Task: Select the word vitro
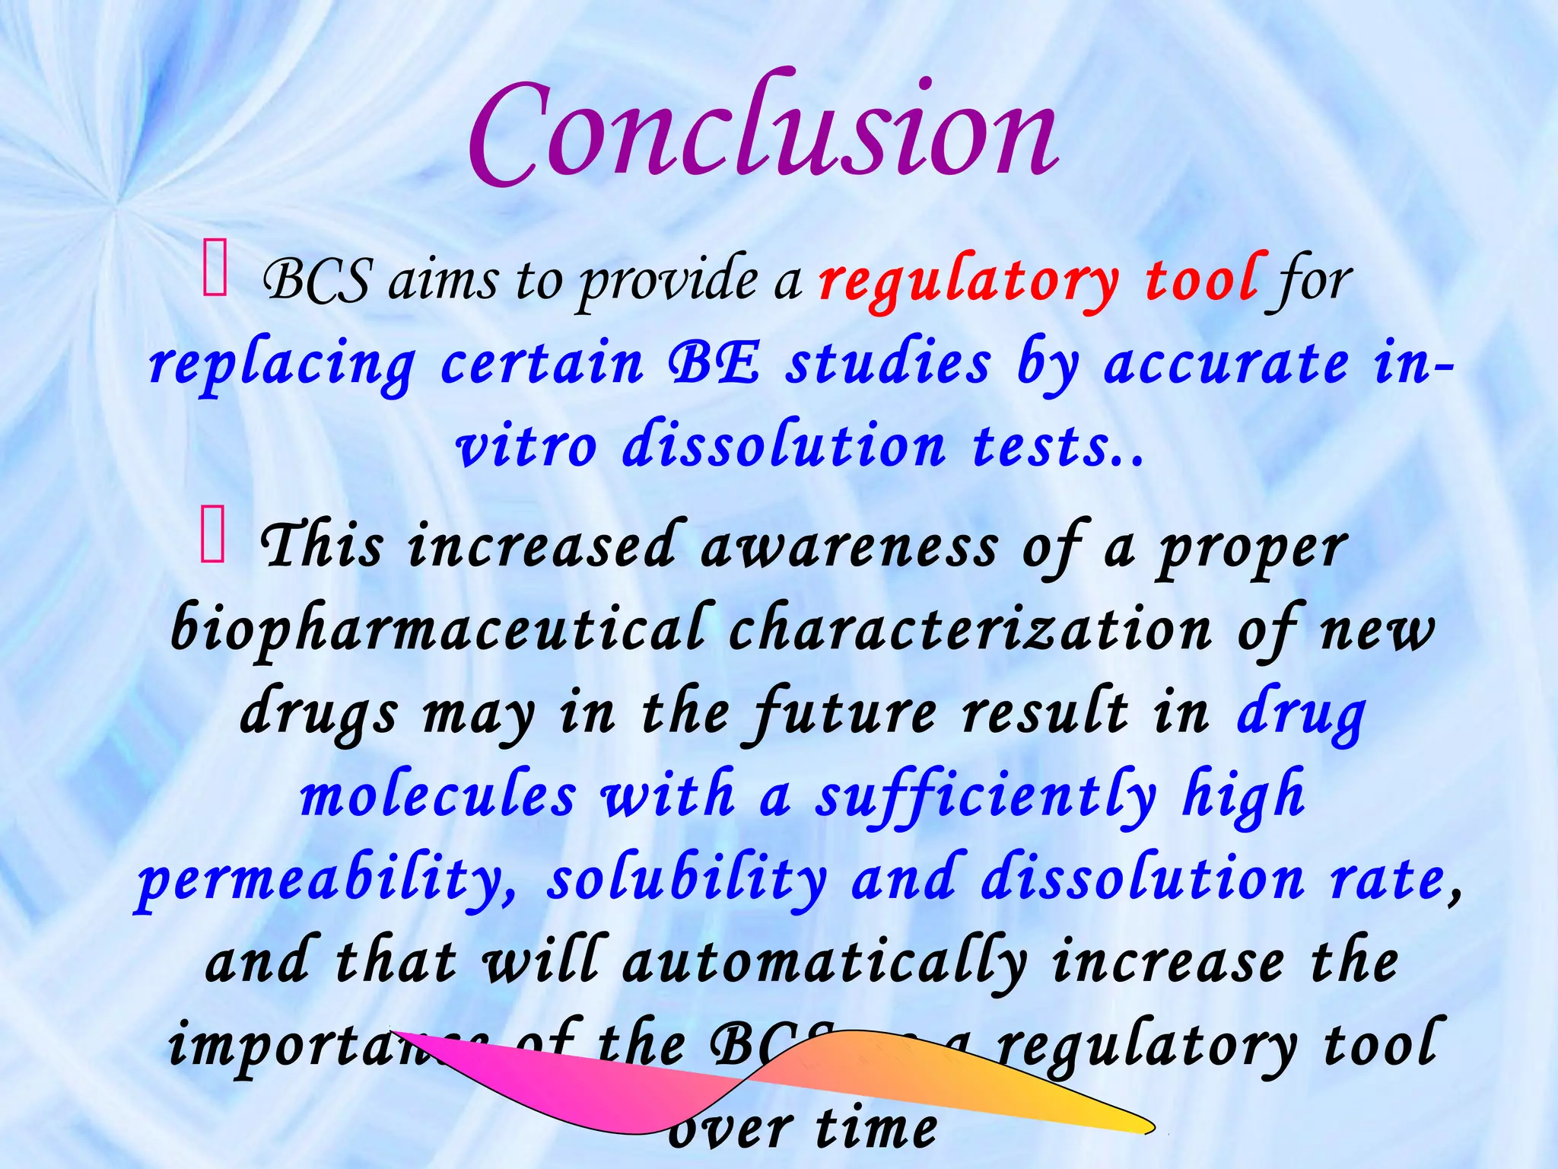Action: (x=526, y=446)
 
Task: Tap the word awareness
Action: (x=847, y=548)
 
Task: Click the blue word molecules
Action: (x=438, y=796)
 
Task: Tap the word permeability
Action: (x=327, y=881)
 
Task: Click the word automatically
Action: (x=825, y=963)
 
